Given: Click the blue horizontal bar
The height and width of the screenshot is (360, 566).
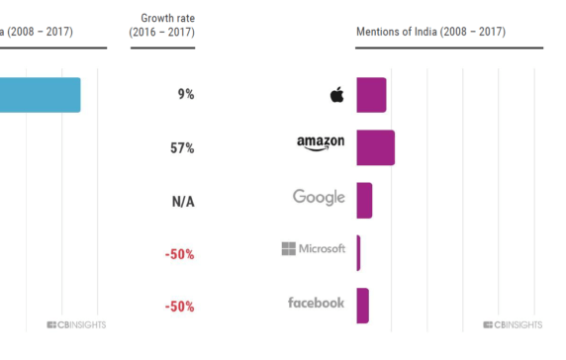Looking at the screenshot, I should point(40,95).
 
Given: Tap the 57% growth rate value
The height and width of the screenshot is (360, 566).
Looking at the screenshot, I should point(182,148).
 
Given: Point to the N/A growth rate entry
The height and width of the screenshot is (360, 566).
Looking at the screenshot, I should point(182,201).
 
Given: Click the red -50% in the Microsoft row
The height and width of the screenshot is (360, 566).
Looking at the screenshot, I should point(179,254).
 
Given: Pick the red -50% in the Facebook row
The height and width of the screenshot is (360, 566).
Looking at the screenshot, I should point(179,307).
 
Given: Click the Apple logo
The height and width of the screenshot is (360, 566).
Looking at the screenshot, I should point(336,95).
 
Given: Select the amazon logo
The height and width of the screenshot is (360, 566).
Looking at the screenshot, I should point(321,143).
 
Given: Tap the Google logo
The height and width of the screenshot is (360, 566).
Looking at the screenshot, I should point(319,197).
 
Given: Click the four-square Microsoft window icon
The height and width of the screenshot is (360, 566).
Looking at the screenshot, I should point(289,248).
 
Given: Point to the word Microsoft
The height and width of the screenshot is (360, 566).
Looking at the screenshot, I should point(323,248).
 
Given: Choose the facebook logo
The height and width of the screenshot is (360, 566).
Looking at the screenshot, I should point(317,303).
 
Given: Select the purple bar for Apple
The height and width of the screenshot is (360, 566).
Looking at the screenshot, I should point(371,95).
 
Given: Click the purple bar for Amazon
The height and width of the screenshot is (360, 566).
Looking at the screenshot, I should point(375,148).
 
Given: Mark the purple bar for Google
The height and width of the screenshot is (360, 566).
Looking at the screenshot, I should point(364,201).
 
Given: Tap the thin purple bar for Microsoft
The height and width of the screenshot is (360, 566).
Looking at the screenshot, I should point(358,253).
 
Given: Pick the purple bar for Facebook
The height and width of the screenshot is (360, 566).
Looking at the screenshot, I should point(362,306).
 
